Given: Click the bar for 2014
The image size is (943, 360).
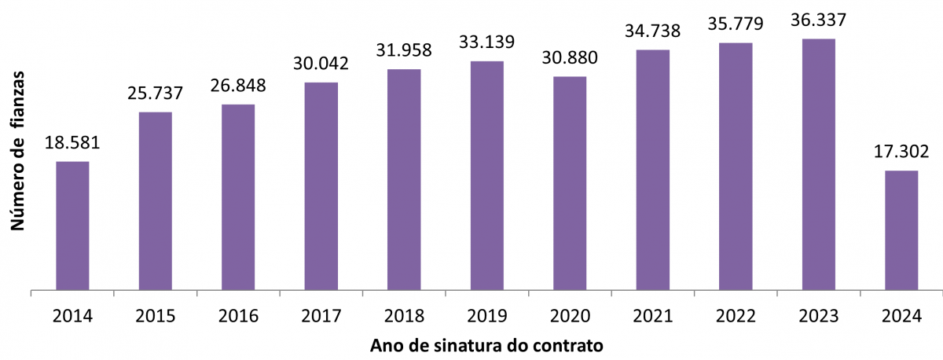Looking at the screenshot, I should click(72, 226).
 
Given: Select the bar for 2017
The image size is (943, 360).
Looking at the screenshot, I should click(321, 186).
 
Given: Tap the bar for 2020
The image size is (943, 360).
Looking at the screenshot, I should click(570, 183).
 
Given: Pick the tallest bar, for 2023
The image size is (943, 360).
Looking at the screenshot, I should click(818, 164).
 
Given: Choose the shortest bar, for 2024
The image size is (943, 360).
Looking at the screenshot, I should click(901, 230).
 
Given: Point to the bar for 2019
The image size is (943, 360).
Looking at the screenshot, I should click(486, 176).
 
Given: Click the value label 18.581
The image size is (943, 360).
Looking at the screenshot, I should click(72, 144).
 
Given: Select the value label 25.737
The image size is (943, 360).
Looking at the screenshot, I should click(155, 93).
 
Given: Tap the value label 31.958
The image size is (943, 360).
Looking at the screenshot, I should click(404, 50).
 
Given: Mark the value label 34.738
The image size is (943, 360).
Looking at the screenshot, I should click(653, 31).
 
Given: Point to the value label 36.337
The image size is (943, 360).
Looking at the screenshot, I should click(819, 20).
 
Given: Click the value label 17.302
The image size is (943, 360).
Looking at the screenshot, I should click(901, 152).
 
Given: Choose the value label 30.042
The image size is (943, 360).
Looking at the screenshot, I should click(321, 64).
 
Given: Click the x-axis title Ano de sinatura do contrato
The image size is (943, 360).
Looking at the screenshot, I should click(487, 345).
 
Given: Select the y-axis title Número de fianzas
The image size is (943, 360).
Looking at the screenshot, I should click(18, 149).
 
